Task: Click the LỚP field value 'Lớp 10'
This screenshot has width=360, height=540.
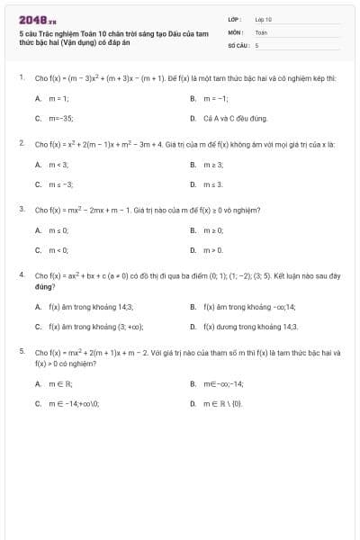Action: pos(264,19)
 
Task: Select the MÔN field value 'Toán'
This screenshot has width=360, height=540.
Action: pos(261,31)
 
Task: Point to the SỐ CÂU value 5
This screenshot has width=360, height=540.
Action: pos(256,44)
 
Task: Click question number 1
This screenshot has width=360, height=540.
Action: pos(21,78)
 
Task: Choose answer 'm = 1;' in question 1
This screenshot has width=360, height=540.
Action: pos(59,98)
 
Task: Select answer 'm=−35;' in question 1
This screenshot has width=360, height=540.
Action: pos(61,118)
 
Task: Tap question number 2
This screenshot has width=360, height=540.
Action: pos(21,143)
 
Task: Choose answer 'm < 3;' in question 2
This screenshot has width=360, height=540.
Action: pos(59,165)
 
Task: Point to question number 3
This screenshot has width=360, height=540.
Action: pos(21,209)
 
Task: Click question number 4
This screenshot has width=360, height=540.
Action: pos(21,274)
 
